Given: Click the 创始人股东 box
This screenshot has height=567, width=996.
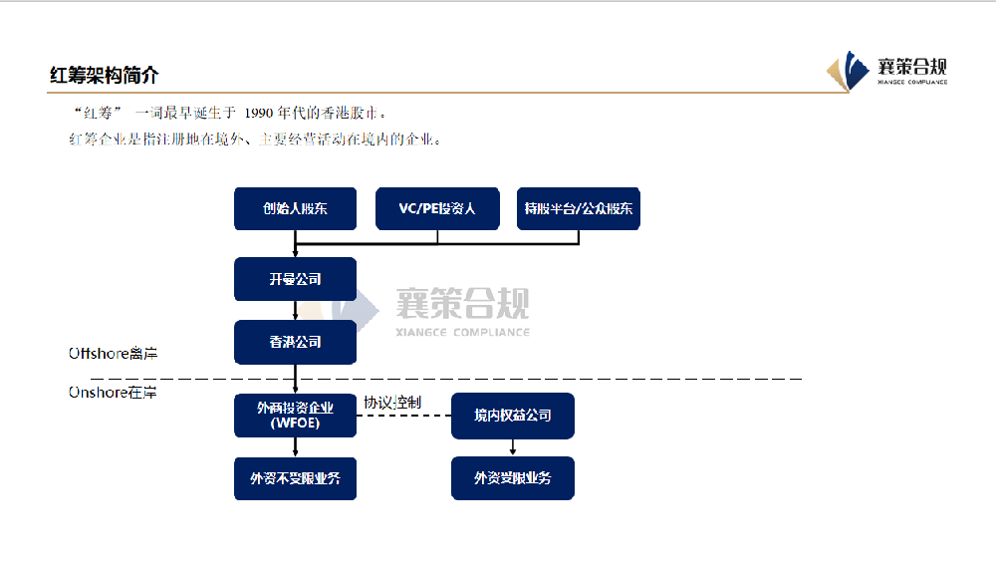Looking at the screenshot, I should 295,209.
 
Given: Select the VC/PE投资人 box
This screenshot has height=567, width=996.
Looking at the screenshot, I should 437,209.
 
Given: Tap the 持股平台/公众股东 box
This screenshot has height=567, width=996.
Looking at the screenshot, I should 579,209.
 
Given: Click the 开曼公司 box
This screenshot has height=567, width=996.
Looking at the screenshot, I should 295,279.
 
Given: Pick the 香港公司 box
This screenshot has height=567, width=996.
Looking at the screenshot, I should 295,342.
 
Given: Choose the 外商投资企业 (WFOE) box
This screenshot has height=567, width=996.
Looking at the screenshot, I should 295,415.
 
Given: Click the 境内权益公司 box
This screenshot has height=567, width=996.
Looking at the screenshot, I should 513,415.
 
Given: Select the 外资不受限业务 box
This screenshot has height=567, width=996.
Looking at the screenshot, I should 295,478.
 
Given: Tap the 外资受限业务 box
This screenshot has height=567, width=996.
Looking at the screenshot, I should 513,478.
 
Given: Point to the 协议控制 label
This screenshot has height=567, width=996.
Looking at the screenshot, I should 391,402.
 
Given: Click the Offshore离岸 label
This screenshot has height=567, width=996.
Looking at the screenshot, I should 113,354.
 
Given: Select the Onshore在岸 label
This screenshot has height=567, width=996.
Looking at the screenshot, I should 113,393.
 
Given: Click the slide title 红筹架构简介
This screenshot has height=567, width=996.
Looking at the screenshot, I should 104,76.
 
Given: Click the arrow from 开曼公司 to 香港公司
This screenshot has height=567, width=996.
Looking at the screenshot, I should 296,310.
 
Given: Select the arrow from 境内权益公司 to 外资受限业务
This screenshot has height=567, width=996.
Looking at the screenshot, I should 513,447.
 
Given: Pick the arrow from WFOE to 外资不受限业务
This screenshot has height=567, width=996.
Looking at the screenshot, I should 296,447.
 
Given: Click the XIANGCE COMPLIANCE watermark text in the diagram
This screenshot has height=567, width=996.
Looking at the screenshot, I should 462,332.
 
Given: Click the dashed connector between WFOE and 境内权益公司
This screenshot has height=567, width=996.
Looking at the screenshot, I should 403,415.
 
